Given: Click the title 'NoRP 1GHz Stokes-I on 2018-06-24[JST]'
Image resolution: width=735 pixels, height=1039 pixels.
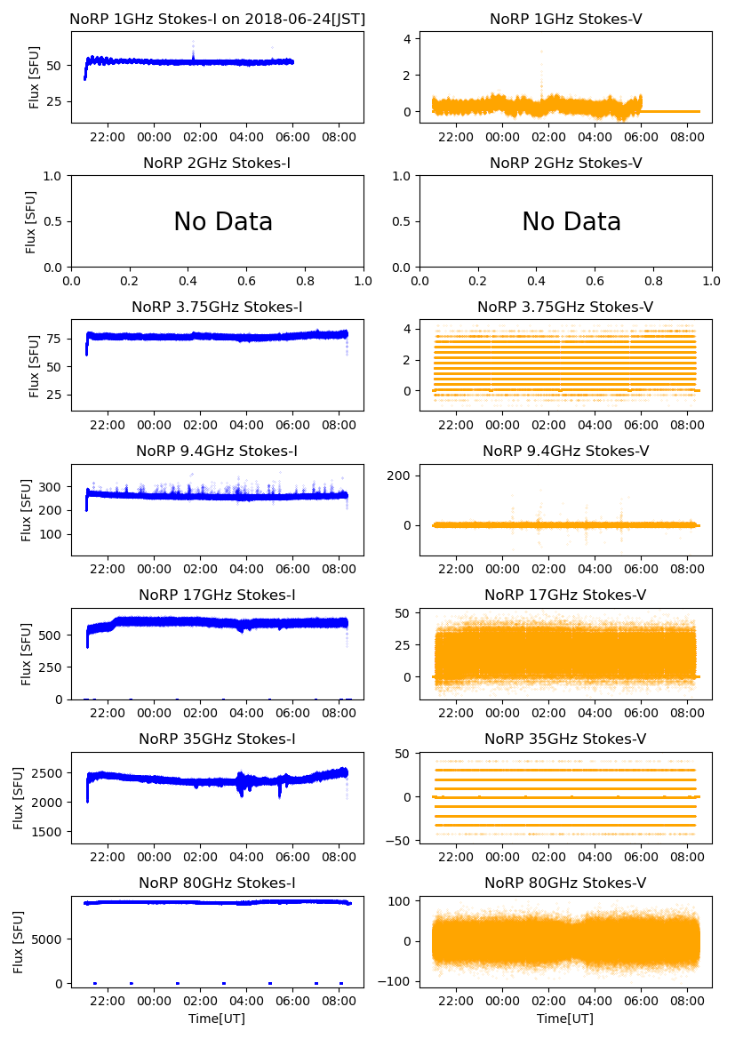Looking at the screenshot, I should (217, 19).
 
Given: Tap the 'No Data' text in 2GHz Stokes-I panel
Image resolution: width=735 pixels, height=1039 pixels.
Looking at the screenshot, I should (223, 222).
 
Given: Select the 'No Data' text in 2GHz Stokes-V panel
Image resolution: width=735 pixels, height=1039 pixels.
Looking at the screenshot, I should (571, 222).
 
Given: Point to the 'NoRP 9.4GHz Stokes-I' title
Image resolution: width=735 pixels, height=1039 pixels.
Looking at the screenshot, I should (217, 452).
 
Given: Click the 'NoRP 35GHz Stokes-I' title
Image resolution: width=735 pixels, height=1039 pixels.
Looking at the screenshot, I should (217, 739).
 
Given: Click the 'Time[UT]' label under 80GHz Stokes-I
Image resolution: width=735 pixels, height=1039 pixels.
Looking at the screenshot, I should (217, 1019).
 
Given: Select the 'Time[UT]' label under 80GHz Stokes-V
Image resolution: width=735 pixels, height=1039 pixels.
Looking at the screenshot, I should (565, 1019).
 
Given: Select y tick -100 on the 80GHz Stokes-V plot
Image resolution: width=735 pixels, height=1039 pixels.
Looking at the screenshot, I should (396, 981).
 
